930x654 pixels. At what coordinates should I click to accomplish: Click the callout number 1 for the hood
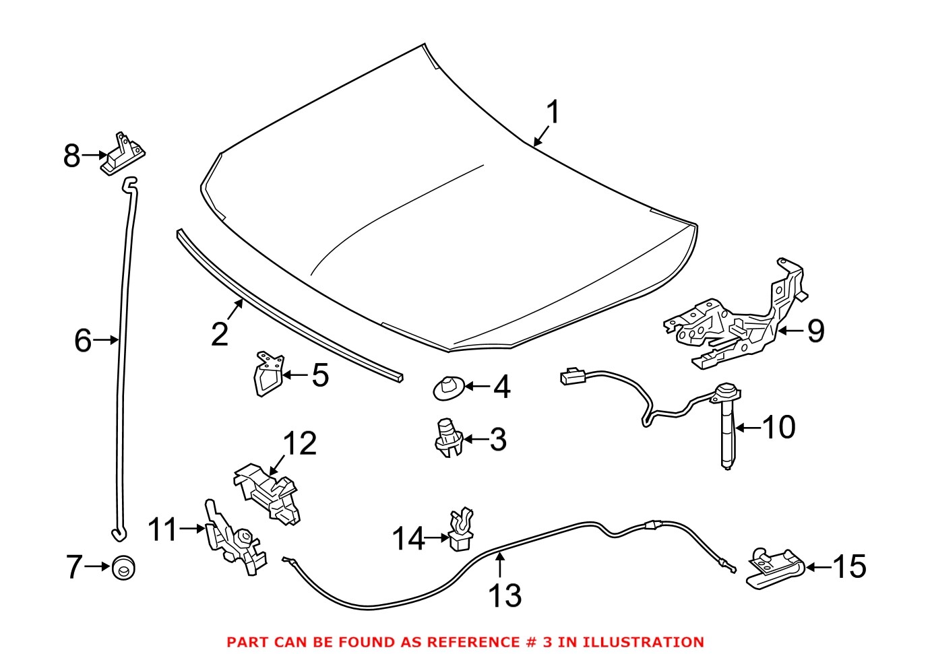pyautogui.click(x=553, y=112)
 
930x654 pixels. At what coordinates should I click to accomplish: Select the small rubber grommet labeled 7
pyautogui.click(x=123, y=567)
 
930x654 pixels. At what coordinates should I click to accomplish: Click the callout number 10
pyautogui.click(x=778, y=427)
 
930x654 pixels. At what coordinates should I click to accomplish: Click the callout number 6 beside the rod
pyautogui.click(x=83, y=340)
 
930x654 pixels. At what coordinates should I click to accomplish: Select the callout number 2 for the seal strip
pyautogui.click(x=220, y=334)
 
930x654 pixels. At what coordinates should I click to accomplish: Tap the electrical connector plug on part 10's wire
pyautogui.click(x=572, y=376)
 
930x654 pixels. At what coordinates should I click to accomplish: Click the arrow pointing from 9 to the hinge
pyautogui.click(x=791, y=331)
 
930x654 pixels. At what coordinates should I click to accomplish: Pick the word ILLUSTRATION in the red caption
pyautogui.click(x=643, y=642)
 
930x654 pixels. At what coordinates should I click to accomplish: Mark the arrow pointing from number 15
pyautogui.click(x=818, y=567)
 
